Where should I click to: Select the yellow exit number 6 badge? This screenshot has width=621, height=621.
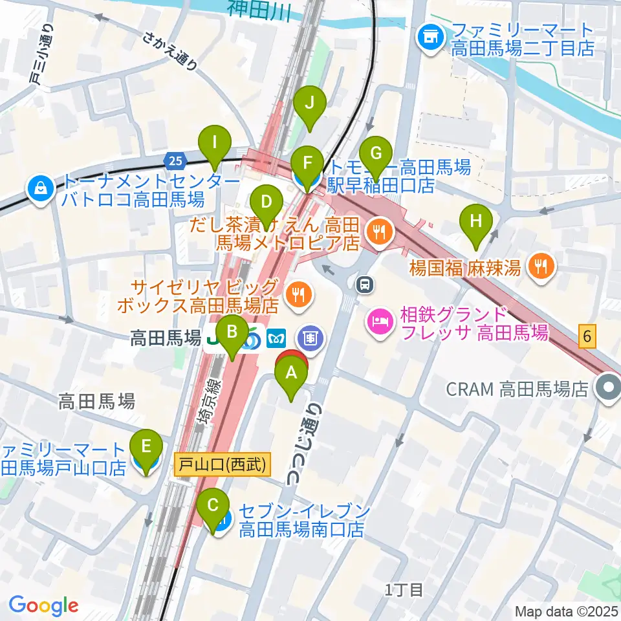coord(587,336)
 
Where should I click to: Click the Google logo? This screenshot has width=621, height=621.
coord(43,606)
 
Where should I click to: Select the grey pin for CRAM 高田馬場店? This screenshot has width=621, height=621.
coord(608,388)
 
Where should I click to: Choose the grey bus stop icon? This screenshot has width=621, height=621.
coord(365,283)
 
